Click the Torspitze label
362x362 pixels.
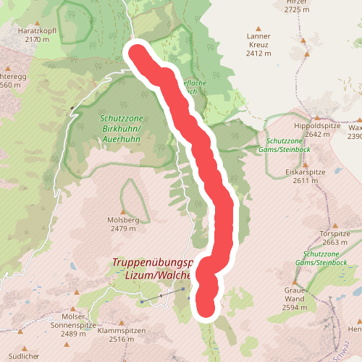334,234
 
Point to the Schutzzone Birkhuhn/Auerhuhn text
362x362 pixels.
121,126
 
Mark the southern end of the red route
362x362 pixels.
207,308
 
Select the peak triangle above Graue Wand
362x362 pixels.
295,282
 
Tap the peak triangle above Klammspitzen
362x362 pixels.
124,319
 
